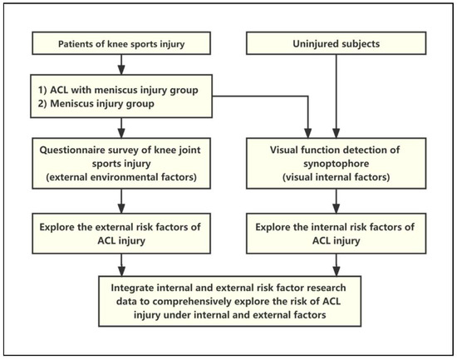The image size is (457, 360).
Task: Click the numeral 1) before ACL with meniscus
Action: click(x=39, y=91)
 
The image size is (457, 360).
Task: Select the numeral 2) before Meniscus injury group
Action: click(x=39, y=105)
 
